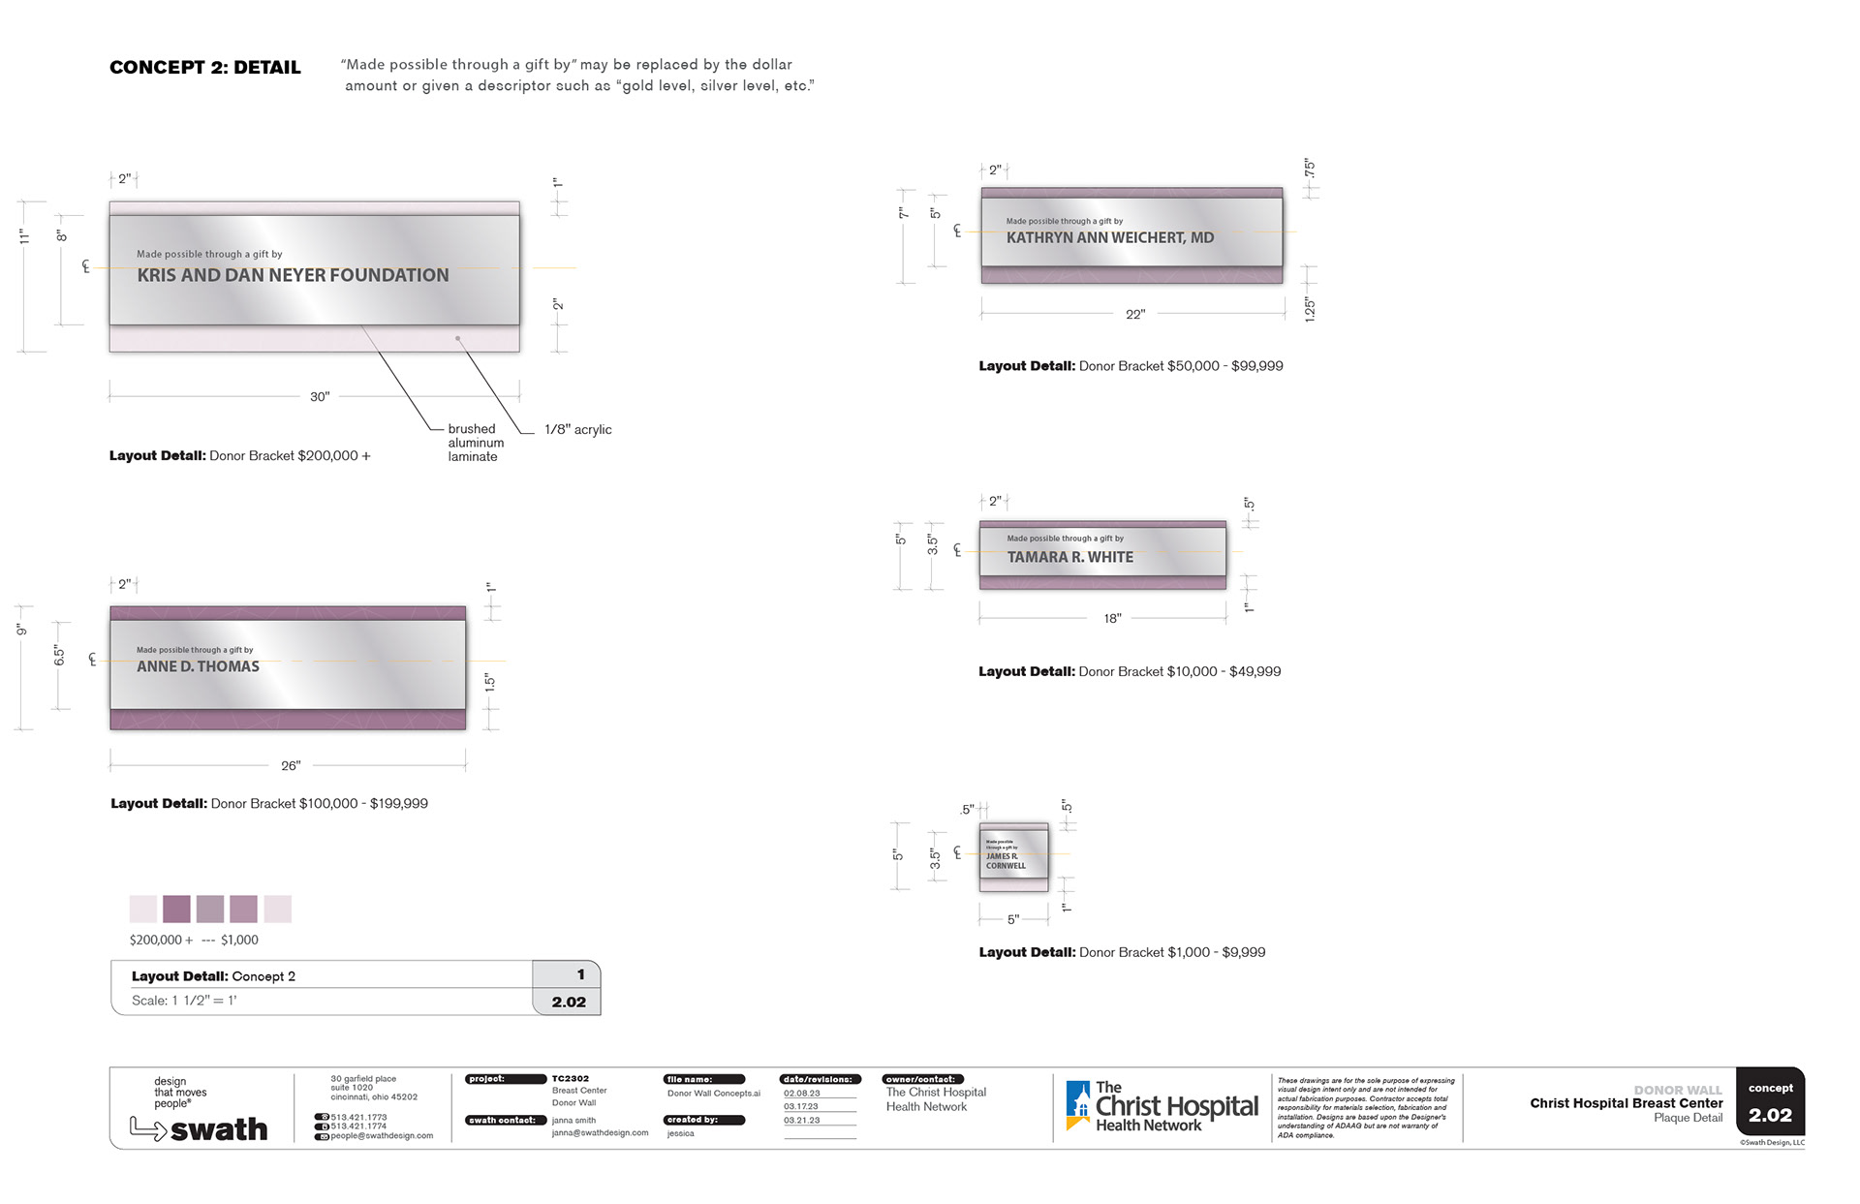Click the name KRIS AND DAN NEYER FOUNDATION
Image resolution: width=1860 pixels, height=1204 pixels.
[x=293, y=275]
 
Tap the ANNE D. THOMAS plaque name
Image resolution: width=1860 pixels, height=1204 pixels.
[x=198, y=666]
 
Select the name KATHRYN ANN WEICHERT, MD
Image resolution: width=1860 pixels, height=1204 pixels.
[x=1109, y=237]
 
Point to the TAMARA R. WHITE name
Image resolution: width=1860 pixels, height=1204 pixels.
[x=1069, y=557]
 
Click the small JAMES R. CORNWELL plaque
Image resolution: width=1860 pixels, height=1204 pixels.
[x=1013, y=853]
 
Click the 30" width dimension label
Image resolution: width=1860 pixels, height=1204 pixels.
[x=320, y=397]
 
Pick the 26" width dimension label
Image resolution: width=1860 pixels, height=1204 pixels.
[x=291, y=766]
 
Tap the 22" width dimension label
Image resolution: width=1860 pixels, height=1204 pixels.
[x=1135, y=315]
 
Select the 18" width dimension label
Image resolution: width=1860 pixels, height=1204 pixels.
[x=1112, y=618]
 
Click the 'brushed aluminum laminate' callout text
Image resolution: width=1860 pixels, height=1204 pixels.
[x=475, y=443]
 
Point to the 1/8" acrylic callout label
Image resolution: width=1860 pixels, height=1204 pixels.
[x=577, y=430]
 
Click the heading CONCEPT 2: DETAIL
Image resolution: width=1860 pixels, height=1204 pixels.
[x=204, y=68]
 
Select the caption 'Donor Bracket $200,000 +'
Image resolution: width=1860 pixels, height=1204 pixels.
[x=239, y=456]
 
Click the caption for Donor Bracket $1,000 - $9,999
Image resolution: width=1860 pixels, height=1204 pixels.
[x=1122, y=953]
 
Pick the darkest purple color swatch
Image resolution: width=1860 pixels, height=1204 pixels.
[x=176, y=909]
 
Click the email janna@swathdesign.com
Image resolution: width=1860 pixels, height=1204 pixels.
[x=600, y=1132]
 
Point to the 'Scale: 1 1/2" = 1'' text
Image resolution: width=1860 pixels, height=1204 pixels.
[x=184, y=1001]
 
